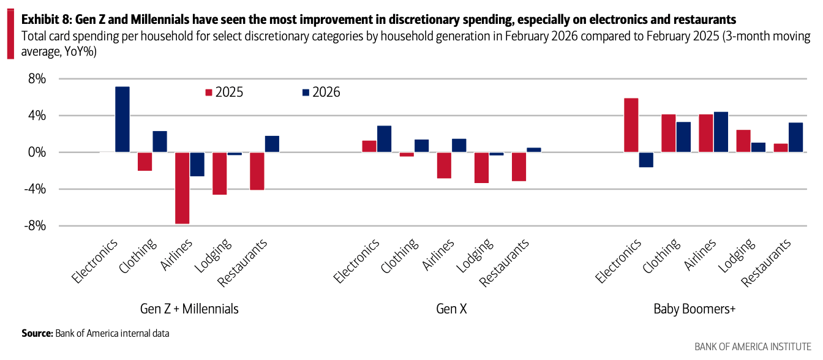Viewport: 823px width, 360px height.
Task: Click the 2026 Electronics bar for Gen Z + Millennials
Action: [x=122, y=119]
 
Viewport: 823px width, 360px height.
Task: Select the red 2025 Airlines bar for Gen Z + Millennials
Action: [x=182, y=188]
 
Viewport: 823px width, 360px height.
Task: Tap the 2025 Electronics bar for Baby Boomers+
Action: [x=631, y=125]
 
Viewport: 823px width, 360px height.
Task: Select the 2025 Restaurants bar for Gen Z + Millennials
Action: [x=257, y=171]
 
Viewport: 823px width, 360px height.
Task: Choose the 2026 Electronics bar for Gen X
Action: [x=385, y=139]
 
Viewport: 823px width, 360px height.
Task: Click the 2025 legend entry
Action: [x=224, y=92]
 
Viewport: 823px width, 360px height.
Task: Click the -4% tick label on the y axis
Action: [x=35, y=189]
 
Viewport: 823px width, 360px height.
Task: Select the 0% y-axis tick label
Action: [x=37, y=152]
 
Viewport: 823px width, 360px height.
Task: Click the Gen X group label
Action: [x=451, y=309]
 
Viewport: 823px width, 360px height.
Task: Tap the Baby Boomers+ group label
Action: [x=694, y=309]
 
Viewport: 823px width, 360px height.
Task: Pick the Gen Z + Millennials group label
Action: [x=190, y=309]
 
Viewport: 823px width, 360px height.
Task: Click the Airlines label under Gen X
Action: [x=438, y=255]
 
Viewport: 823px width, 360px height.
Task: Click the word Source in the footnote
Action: [x=37, y=334]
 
